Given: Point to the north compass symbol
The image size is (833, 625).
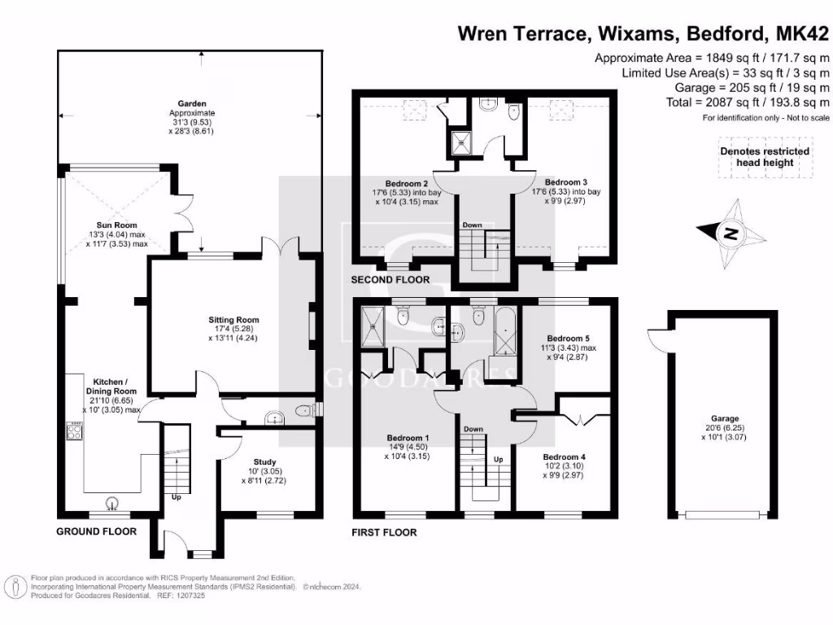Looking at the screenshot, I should pos(732,235).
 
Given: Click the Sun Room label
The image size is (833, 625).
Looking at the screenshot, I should pos(117,225).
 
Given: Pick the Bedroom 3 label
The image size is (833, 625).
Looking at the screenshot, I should pos(566,182).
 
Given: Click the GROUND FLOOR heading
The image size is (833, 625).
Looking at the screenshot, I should pos(96,531).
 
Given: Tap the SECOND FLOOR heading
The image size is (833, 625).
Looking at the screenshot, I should pos(390,280).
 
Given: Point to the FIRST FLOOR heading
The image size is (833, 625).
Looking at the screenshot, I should pos(384,532).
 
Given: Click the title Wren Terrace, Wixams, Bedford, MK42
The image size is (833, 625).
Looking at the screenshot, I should pos(643,34).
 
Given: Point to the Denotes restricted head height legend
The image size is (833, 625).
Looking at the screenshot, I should pos(765,156).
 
